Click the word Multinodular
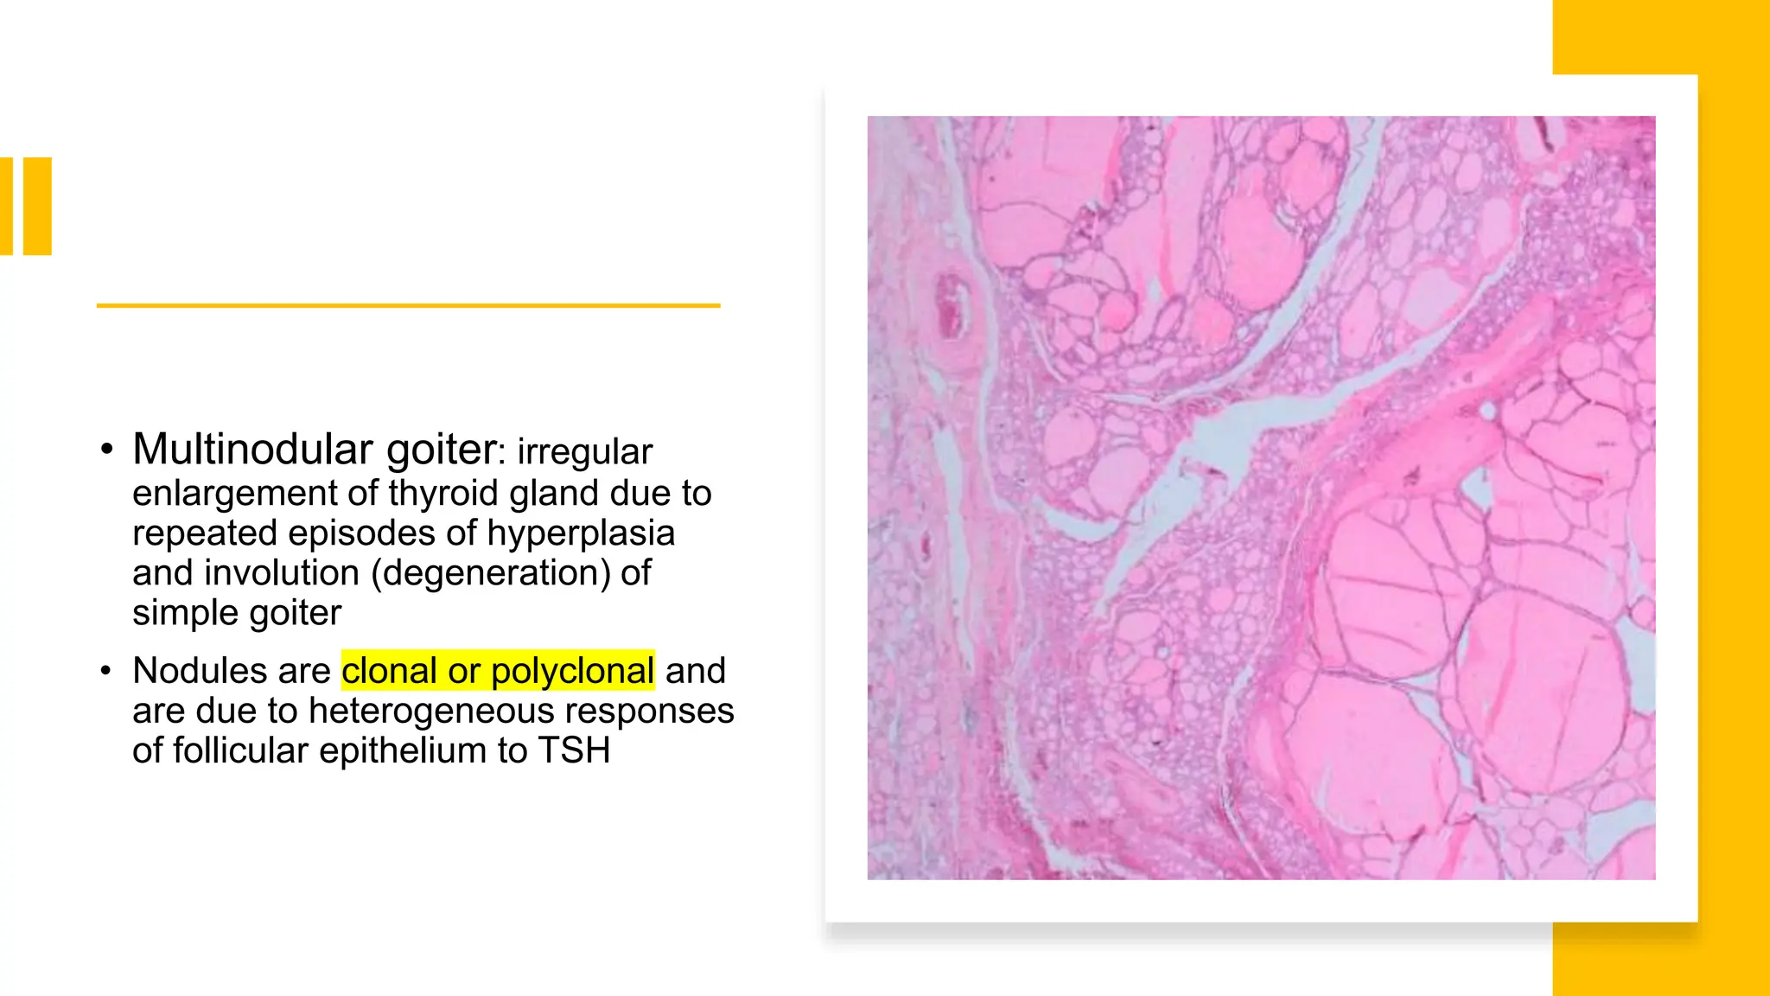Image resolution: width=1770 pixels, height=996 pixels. click(x=253, y=449)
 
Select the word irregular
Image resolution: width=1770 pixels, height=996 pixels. click(x=584, y=451)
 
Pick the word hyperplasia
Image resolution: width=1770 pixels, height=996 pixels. click(x=580, y=533)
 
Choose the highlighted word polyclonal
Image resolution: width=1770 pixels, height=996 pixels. click(x=572, y=671)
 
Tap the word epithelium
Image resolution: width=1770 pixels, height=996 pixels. click(x=404, y=750)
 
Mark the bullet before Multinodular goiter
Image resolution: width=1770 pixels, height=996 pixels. click(x=106, y=450)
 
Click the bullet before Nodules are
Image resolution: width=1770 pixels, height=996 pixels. click(x=106, y=671)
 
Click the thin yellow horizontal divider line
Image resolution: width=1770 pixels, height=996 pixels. click(x=408, y=305)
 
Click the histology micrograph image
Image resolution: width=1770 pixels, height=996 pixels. click(x=1261, y=498)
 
